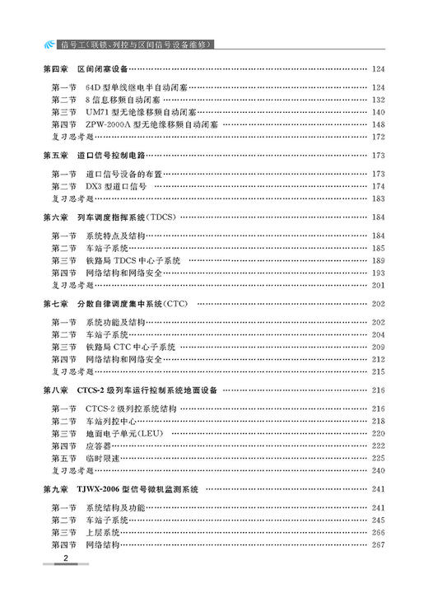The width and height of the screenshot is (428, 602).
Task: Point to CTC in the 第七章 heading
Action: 174,304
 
